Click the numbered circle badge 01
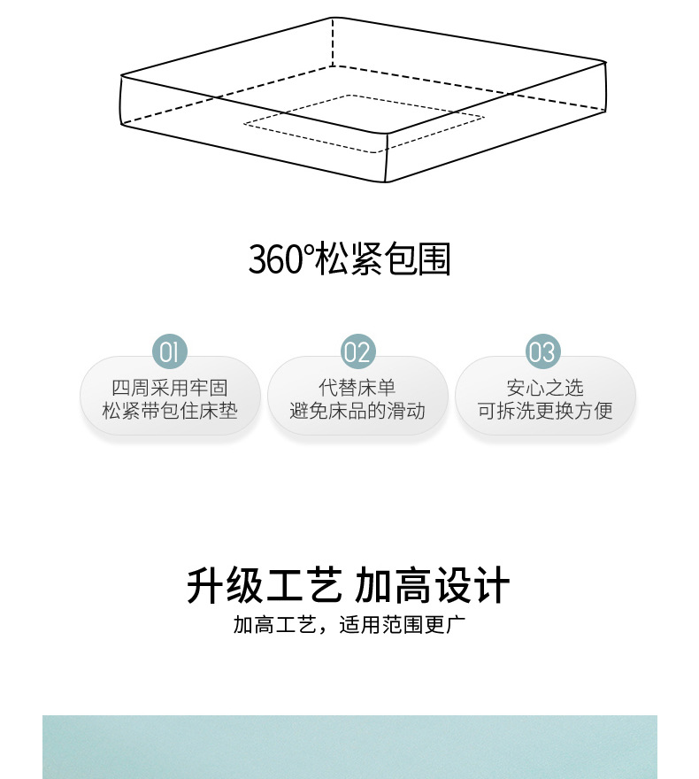coord(170,352)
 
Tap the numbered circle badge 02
coord(357,352)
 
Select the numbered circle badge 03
coord(543,352)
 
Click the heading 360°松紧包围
coord(349,260)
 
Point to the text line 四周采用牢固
coord(170,388)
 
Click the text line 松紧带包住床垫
coord(170,411)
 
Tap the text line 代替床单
coord(357,388)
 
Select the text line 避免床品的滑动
coord(357,411)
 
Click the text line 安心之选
coord(545,388)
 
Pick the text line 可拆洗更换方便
coord(545,411)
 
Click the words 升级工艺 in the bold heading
coord(264,587)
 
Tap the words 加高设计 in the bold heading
coord(433,587)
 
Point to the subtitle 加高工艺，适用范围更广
coord(349,625)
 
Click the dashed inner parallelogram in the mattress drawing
coord(364,123)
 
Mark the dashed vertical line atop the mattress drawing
coord(333,42)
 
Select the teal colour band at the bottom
coord(349,747)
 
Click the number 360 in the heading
coord(275,260)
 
